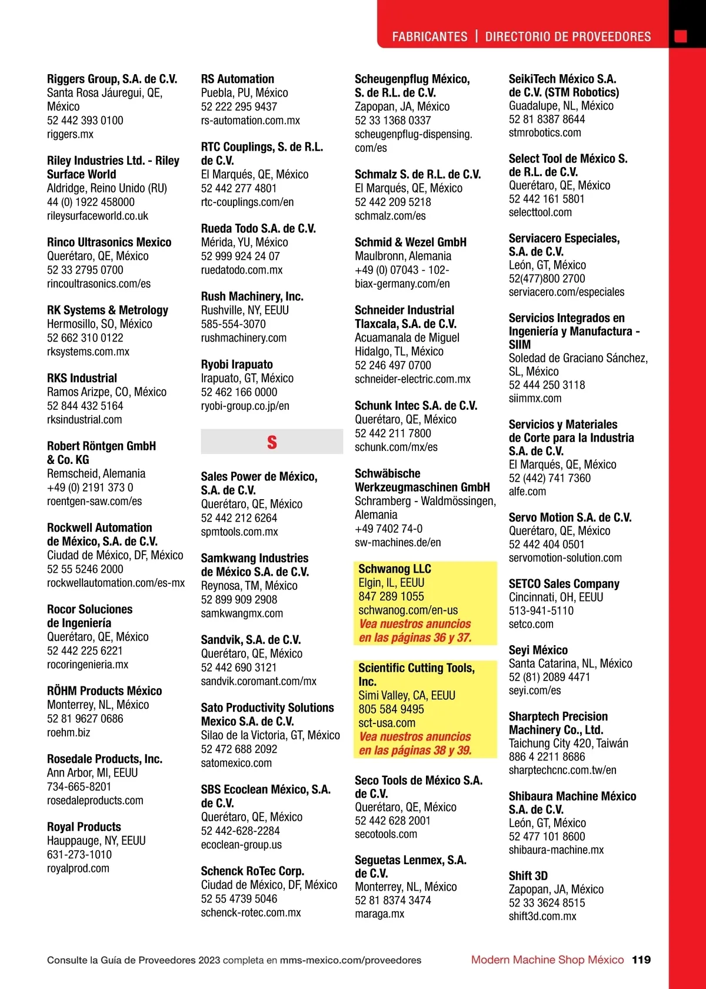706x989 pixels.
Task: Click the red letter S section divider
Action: click(x=272, y=442)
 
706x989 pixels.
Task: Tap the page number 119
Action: click(x=641, y=960)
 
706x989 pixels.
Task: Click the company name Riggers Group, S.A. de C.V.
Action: click(x=112, y=79)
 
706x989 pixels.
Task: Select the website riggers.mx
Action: click(x=70, y=134)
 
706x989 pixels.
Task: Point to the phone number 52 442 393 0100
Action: click(x=85, y=121)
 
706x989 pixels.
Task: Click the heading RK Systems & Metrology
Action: click(x=108, y=310)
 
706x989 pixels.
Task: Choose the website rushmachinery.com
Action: click(x=244, y=338)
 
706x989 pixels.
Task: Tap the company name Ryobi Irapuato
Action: click(x=237, y=364)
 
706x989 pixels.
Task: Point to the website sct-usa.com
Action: click(x=387, y=723)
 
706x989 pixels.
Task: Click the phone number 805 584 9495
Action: click(x=391, y=709)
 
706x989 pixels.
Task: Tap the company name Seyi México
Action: click(x=538, y=650)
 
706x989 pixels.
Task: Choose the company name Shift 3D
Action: click(x=528, y=875)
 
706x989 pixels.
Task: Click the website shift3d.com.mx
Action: click(x=542, y=916)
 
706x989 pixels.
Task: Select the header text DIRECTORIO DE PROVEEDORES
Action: click(x=568, y=36)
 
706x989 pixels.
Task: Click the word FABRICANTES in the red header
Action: click(x=429, y=36)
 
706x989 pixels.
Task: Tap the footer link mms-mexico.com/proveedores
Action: click(x=351, y=960)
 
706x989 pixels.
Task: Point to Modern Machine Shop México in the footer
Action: click(x=547, y=960)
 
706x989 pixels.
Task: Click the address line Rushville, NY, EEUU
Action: click(x=245, y=310)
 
